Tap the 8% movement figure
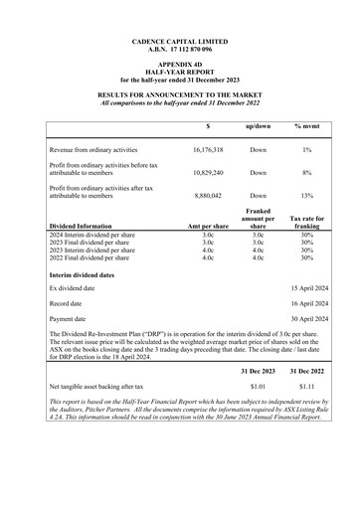click(307, 173)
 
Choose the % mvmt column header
click(307, 127)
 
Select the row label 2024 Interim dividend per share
click(95, 235)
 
